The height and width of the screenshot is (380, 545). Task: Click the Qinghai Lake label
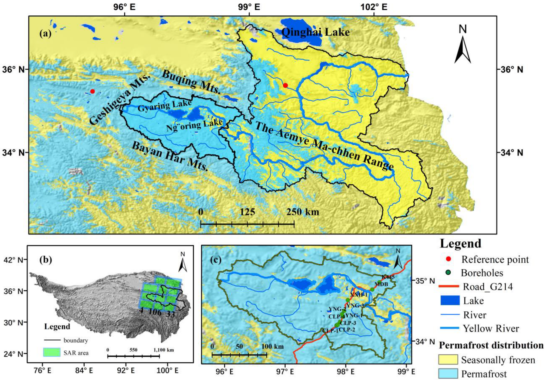316,32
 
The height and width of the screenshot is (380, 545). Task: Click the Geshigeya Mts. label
120,99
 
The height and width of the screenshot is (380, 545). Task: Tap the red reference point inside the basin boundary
285,85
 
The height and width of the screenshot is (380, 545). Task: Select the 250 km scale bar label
302,212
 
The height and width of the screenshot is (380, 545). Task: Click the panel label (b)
46,260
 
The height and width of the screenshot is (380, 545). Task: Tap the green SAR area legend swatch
52,352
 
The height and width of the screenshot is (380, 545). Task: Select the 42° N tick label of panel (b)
12,260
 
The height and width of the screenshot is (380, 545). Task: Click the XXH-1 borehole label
358,295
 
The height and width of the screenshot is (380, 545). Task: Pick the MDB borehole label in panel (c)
381,284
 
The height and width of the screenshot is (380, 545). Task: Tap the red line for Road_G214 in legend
448,286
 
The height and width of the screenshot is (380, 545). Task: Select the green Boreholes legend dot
448,272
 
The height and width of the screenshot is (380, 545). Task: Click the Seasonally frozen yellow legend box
448,359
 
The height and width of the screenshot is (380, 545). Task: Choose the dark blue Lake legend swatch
450,300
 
